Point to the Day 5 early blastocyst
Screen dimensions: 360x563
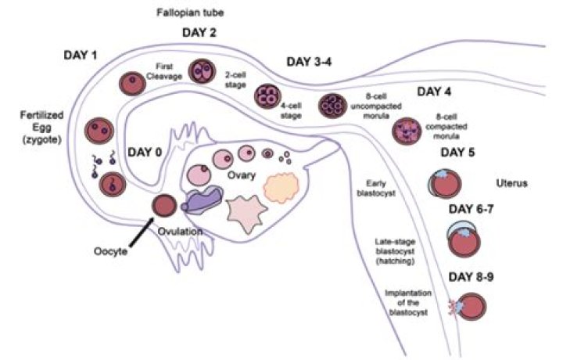[x=444, y=184]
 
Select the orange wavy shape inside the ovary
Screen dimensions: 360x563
[x=281, y=187]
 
